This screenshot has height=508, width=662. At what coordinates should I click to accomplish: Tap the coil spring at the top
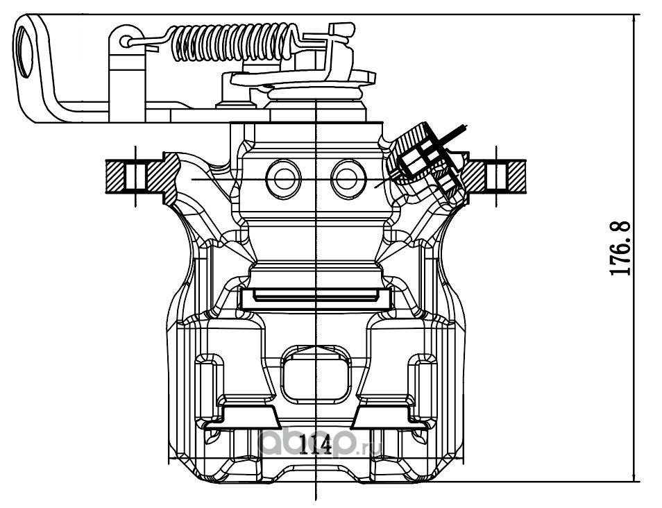click(x=233, y=42)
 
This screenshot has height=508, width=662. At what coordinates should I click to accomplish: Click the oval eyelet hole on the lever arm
click(x=26, y=49)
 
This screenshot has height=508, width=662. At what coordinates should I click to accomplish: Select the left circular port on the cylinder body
click(x=283, y=179)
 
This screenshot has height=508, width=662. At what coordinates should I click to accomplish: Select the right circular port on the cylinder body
click(x=348, y=179)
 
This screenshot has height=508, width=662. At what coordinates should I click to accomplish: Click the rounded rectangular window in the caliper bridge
click(x=315, y=375)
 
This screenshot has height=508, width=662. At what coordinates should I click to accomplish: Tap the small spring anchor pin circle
click(x=126, y=42)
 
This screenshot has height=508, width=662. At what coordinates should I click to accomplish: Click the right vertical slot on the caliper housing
click(x=423, y=388)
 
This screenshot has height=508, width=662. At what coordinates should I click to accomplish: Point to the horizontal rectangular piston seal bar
click(x=315, y=298)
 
